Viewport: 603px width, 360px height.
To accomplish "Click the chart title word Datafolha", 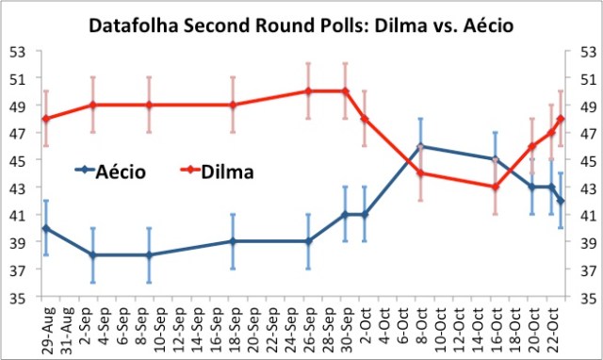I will [x=136, y=25].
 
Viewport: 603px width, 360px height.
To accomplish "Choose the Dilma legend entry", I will [x=225, y=172].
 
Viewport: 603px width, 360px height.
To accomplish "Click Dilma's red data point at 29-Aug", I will [x=45, y=119].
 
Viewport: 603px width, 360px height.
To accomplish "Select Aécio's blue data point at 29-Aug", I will [x=45, y=228].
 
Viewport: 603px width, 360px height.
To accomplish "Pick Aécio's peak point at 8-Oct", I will [x=420, y=146].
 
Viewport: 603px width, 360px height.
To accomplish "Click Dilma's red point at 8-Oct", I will [x=420, y=173].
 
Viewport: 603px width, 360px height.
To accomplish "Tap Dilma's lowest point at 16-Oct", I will [x=496, y=187].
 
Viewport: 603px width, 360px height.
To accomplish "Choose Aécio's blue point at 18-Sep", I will [x=233, y=241].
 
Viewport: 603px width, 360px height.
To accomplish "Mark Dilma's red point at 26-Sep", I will [x=308, y=91].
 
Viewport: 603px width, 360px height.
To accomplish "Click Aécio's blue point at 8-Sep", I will [x=149, y=255].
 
